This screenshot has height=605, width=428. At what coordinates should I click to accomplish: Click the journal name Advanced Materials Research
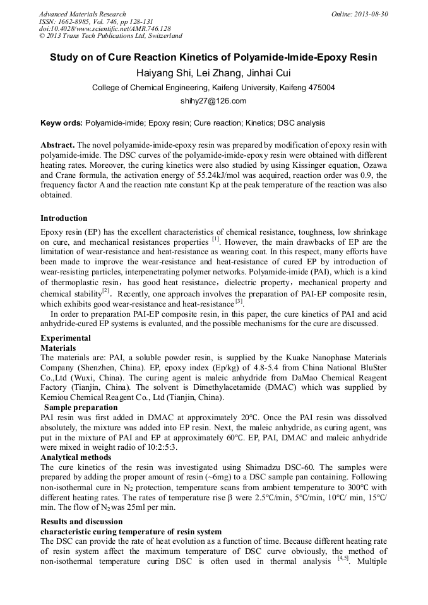(x=83, y=14)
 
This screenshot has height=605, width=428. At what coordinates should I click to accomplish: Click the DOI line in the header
(x=105, y=29)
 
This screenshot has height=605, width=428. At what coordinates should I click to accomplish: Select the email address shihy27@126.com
(x=213, y=101)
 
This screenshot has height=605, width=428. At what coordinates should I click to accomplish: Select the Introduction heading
(x=64, y=218)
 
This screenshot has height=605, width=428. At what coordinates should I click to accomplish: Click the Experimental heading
(x=66, y=338)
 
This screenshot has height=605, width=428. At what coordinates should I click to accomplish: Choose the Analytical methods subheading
(x=76, y=457)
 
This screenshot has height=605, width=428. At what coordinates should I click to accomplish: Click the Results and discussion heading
(x=81, y=522)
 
